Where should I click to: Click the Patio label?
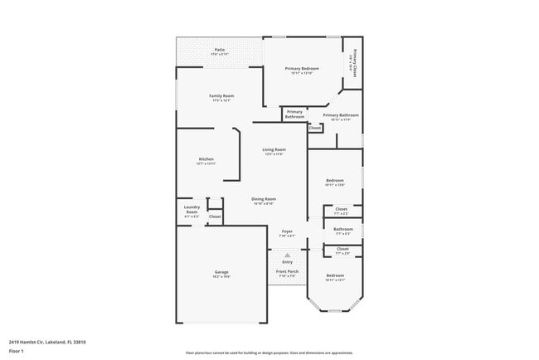pyautogui.click(x=220, y=49)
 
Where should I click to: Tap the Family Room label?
pyautogui.click(x=221, y=95)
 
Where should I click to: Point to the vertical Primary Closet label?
pyautogui.click(x=355, y=65)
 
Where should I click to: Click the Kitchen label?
pyautogui.click(x=206, y=158)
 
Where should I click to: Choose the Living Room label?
pyautogui.click(x=274, y=149)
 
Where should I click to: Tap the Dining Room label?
pyautogui.click(x=265, y=199)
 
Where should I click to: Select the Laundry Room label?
pyautogui.click(x=192, y=209)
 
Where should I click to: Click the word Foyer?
pyautogui.click(x=287, y=231)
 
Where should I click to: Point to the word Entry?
pyautogui.click(x=287, y=262)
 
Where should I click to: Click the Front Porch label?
pyautogui.click(x=287, y=271)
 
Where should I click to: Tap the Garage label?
pyautogui.click(x=221, y=272)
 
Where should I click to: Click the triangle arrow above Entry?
pyautogui.click(x=287, y=255)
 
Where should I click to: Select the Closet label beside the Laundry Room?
pyautogui.click(x=215, y=216)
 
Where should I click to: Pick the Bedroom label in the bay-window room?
pyautogui.click(x=335, y=275)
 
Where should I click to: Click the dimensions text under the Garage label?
pyautogui.click(x=221, y=277)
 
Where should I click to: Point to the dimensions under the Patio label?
pyautogui.click(x=220, y=54)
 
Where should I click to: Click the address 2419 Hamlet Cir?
pyautogui.click(x=47, y=342)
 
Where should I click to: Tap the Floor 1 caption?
pyautogui.click(x=17, y=351)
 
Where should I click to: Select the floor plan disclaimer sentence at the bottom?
pyautogui.click(x=269, y=353)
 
